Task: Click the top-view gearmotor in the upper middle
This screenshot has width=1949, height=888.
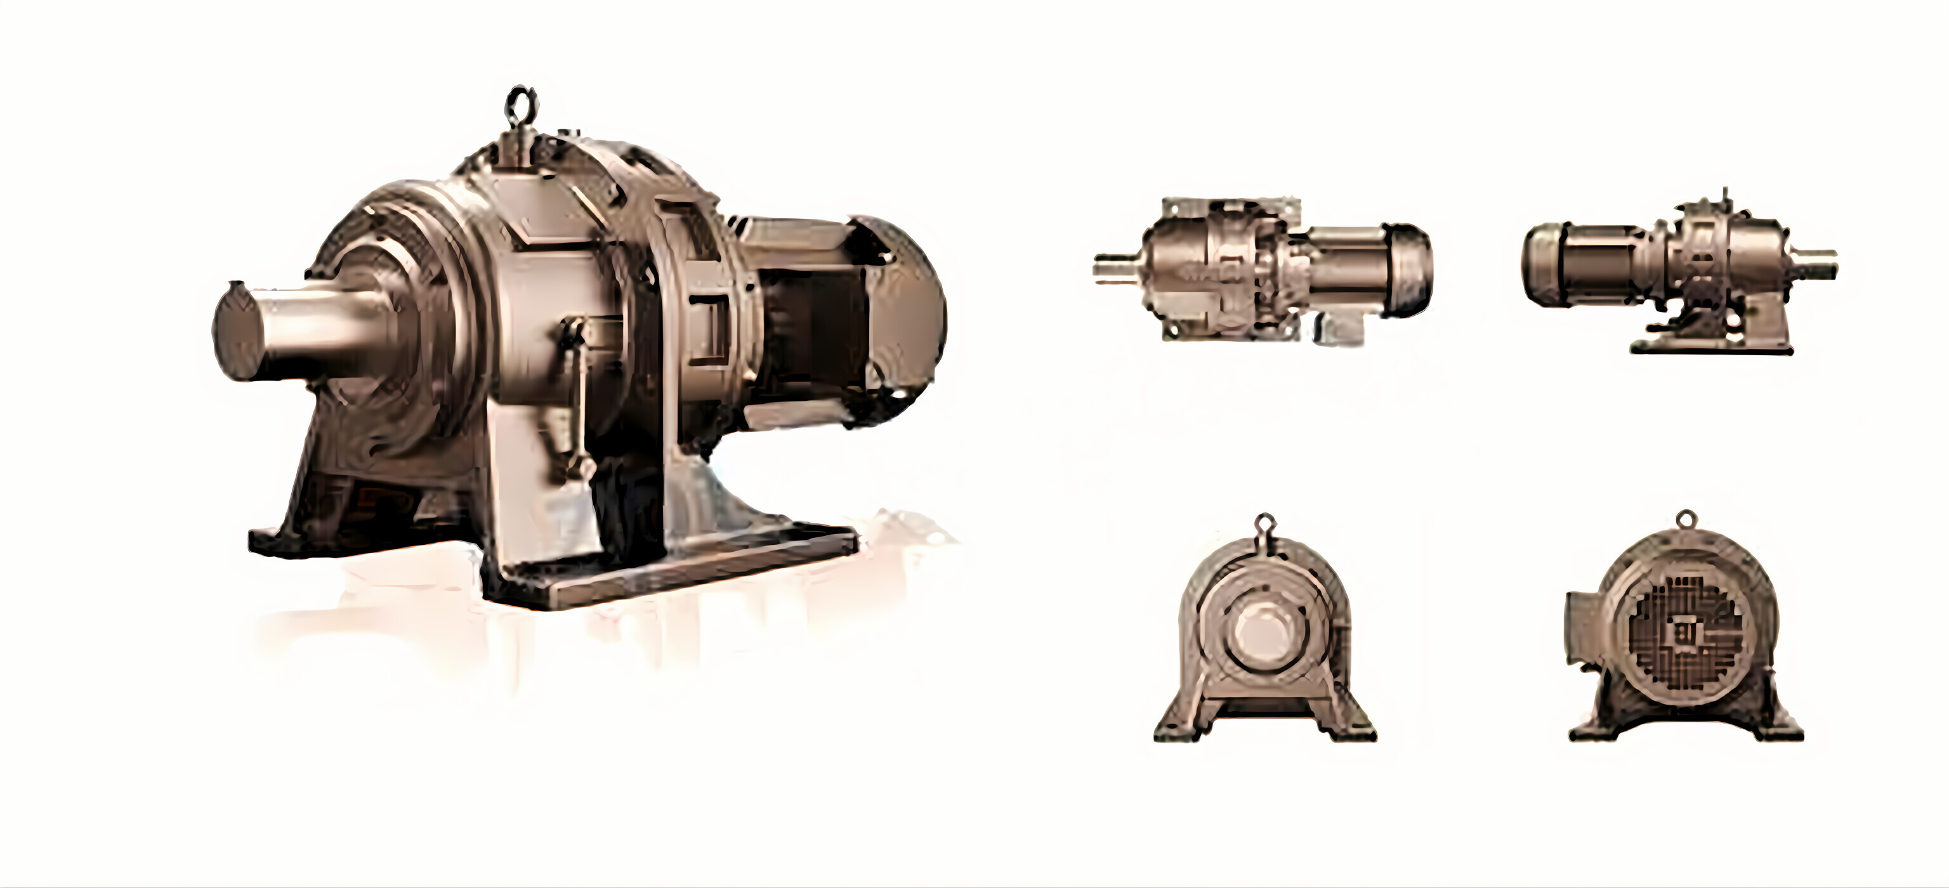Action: point(1262,270)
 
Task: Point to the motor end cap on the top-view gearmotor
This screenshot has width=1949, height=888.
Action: point(1409,270)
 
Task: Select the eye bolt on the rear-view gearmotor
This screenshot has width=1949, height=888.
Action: point(1685,519)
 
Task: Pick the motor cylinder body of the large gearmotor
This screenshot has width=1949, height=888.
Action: point(810,318)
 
